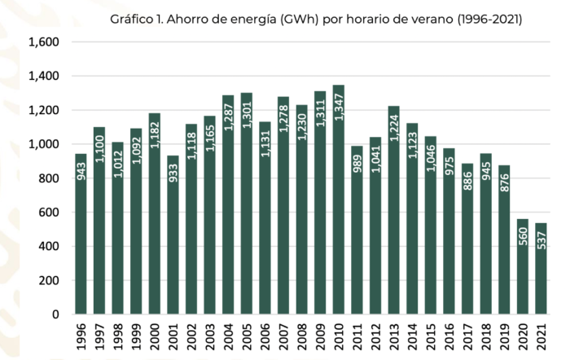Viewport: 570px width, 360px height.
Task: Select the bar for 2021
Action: pos(541,269)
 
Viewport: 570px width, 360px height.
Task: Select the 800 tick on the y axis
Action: pos(48,178)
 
